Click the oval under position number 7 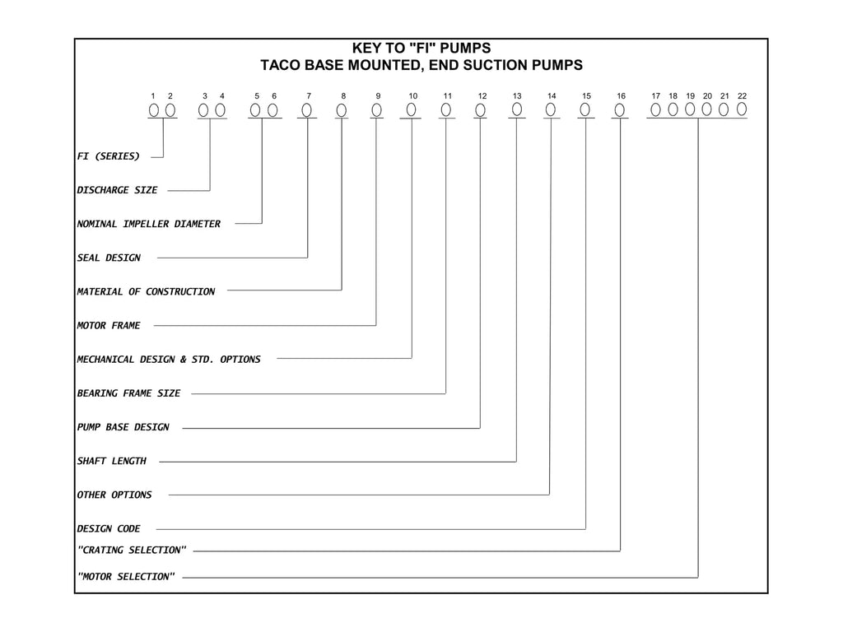pos(306,110)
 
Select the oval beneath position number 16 pos(619,110)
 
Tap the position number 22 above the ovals pos(742,95)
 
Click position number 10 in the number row pos(413,95)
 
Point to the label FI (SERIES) pos(109,156)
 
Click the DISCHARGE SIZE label pos(117,190)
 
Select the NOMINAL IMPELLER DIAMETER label pos(149,224)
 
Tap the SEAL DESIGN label pos(109,258)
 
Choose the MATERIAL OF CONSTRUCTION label pos(146,291)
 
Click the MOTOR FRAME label pos(109,325)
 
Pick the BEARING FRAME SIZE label pos(128,393)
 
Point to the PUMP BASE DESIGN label pos(123,427)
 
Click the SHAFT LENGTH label pos(112,461)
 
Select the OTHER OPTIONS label pos(114,495)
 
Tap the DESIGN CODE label pos(109,528)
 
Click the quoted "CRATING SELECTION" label pos(132,550)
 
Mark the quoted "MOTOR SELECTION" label pos(126,576)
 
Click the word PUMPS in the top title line pos(466,48)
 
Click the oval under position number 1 pos(154,110)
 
